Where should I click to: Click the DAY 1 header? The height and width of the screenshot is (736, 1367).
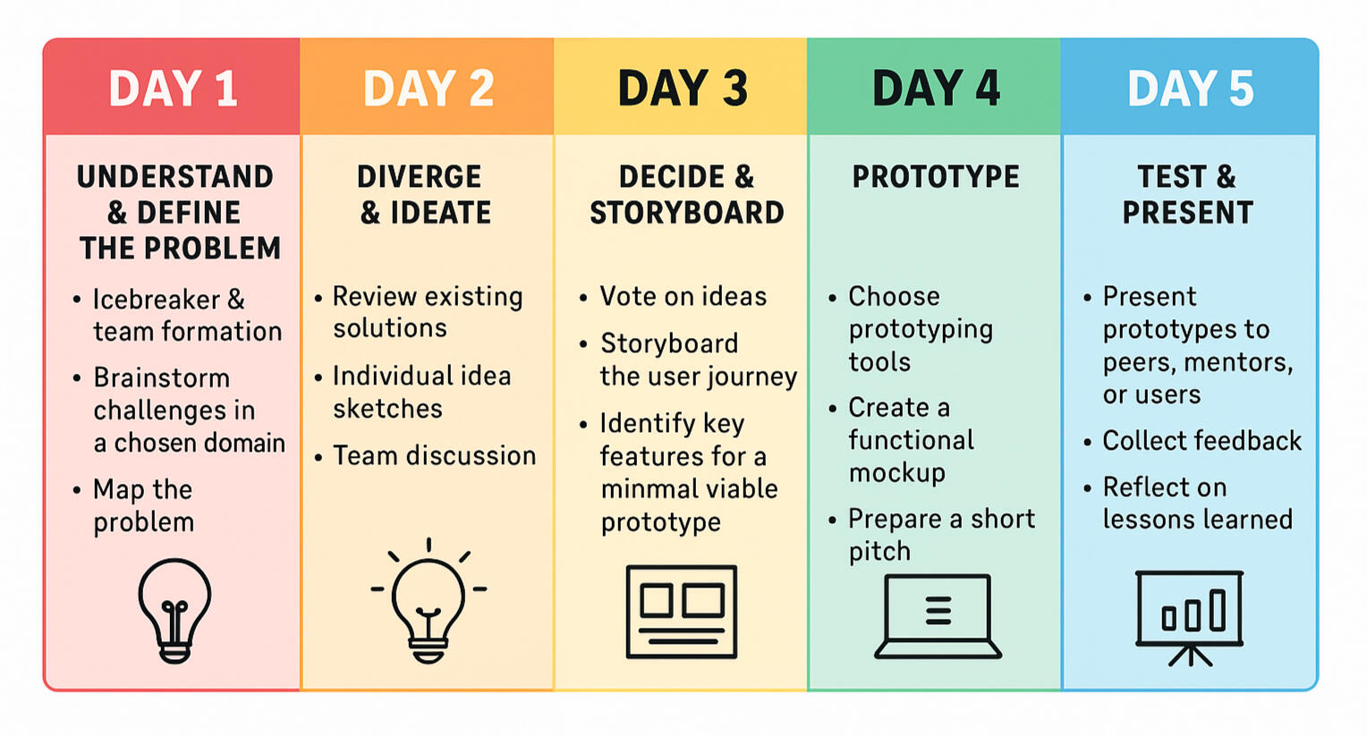(x=173, y=89)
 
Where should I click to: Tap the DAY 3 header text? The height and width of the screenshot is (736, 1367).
(x=683, y=89)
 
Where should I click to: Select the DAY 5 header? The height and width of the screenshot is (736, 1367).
(x=1191, y=89)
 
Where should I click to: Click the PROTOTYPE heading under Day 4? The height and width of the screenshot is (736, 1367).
(x=936, y=177)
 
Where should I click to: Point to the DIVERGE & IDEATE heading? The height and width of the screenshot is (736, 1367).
(x=425, y=195)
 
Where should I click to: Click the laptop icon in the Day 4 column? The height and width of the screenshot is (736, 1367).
(x=938, y=616)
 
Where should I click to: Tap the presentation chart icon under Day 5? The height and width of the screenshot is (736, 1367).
(x=1189, y=618)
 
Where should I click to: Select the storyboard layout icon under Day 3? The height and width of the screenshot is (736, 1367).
(x=682, y=612)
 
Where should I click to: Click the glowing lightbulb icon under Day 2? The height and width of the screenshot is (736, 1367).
(x=429, y=601)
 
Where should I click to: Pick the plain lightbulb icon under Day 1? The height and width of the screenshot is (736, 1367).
(x=174, y=611)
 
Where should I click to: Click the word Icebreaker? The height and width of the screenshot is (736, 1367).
(x=157, y=300)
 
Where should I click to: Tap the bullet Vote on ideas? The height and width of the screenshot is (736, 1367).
(x=683, y=297)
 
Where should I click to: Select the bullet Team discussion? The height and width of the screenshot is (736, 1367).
(x=435, y=456)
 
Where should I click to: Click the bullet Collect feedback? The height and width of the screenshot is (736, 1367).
(x=1202, y=441)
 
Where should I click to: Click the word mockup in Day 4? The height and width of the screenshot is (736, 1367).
(x=897, y=474)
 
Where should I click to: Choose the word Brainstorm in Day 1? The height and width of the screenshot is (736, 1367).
(x=162, y=378)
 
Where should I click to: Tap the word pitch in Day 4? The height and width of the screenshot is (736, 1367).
(x=879, y=552)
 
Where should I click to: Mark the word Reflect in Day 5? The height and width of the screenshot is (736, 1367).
(x=1147, y=487)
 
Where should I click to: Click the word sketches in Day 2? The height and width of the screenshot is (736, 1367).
(x=387, y=409)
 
